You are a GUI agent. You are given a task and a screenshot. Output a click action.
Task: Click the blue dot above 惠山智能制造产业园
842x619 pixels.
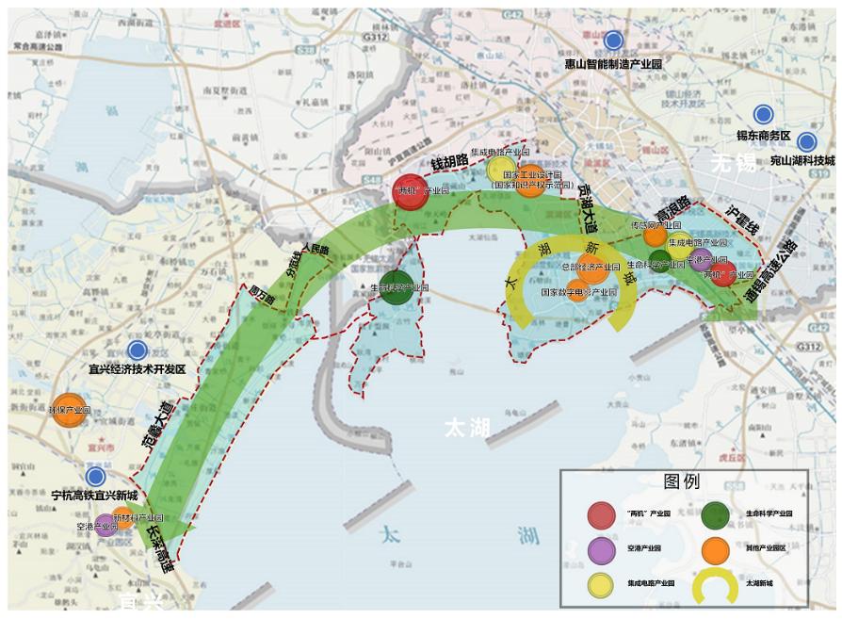click(613, 41)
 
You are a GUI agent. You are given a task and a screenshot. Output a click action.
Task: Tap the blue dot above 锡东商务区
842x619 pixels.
click(763, 114)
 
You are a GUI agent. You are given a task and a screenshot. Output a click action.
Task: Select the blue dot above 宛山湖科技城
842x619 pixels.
click(806, 142)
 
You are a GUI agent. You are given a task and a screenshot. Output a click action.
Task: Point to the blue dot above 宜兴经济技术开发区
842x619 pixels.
click(138, 350)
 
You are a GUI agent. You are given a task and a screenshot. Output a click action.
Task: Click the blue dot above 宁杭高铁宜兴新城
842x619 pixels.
click(95, 477)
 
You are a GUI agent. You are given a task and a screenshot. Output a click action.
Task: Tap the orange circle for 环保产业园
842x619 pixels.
click(69, 411)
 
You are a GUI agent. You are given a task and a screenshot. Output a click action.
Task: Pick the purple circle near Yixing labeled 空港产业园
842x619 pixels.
click(106, 525)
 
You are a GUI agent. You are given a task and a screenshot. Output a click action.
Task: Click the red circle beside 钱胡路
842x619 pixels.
click(411, 191)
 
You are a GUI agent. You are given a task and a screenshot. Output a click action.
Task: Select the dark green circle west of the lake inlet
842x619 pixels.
click(397, 288)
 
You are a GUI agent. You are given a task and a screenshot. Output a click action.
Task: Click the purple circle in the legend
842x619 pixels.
click(603, 548)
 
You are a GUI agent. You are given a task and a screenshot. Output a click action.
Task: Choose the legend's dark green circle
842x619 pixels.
click(716, 514)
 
